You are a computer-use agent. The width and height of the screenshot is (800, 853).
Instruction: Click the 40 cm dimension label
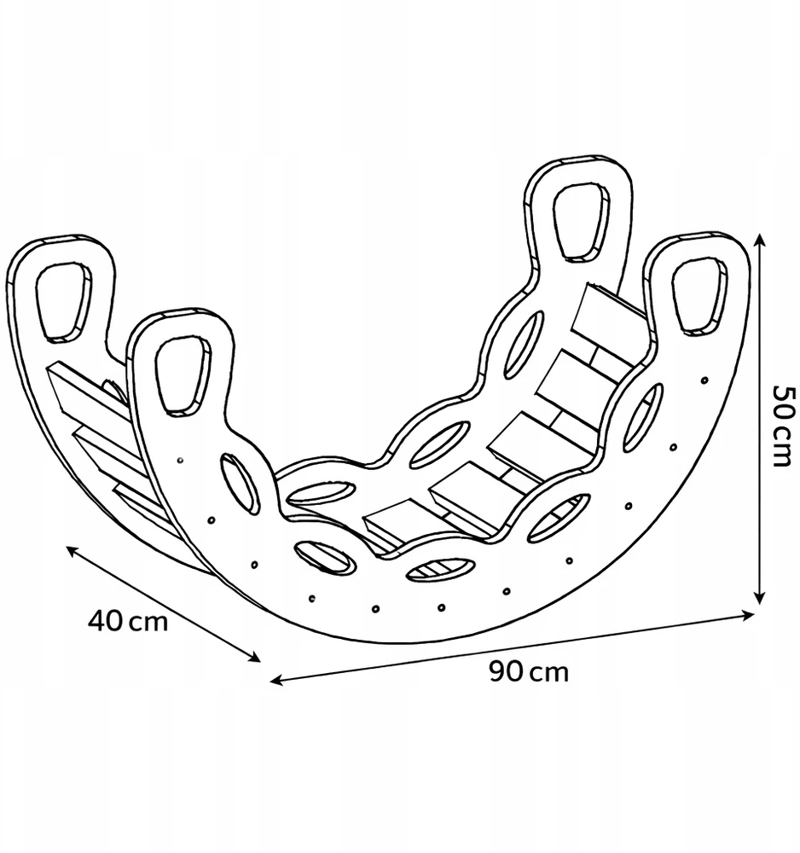tap(128, 621)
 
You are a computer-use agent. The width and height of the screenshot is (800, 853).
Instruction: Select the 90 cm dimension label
tap(529, 672)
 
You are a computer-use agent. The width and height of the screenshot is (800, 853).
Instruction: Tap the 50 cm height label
tap(783, 426)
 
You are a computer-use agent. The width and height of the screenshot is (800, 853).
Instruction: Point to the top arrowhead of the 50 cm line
tap(760, 240)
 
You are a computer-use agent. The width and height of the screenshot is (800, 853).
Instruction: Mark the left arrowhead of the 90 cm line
tap(277, 680)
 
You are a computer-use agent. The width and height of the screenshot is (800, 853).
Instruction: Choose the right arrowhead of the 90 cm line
tap(748, 615)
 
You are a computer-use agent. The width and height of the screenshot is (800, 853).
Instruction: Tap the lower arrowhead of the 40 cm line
tap(254, 658)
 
